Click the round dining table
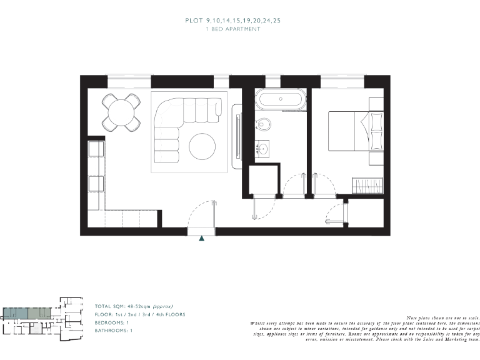pos(121,112)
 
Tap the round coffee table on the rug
pos(203,147)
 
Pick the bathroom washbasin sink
pos(263,149)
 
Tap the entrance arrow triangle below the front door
pos(201,238)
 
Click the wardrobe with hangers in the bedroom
pos(367,186)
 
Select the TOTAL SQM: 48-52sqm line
pos(134,306)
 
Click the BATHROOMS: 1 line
pos(113,330)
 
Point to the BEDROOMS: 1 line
pos(112,322)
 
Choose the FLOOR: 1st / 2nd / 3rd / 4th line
pos(140,314)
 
